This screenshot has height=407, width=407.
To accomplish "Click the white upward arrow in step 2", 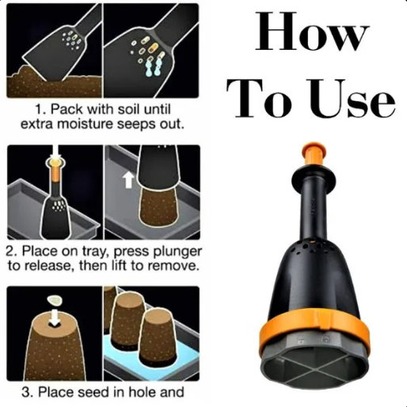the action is (x=128, y=180).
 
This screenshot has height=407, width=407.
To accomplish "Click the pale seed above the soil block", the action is (x=55, y=300).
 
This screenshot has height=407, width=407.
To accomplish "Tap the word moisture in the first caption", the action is (x=86, y=124).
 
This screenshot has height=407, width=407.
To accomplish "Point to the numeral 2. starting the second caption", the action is (x=12, y=251).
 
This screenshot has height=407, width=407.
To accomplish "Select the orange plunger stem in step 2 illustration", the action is (x=55, y=172).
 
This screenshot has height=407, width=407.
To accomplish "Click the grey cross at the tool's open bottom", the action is (x=314, y=369).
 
